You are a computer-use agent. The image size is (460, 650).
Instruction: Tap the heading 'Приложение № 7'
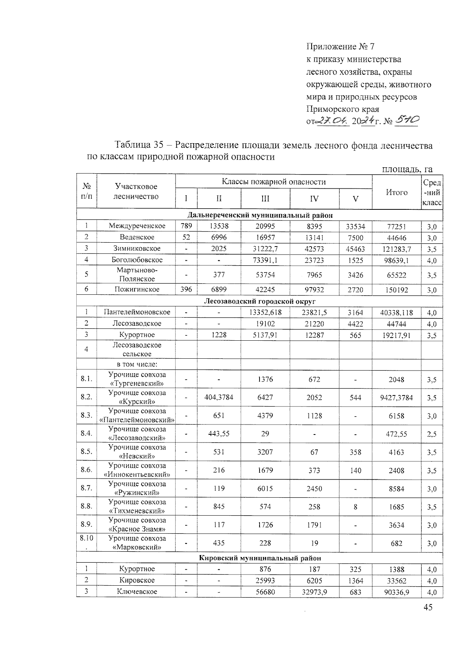pyautogui.click(x=340, y=47)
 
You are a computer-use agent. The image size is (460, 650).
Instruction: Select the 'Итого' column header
pyautogui.click(x=396, y=192)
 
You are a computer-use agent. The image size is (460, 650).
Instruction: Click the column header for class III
pyautogui.click(x=265, y=199)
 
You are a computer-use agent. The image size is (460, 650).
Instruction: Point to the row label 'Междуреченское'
pyautogui.click(x=137, y=226)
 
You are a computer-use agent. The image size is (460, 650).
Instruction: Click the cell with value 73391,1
pyautogui.click(x=265, y=260)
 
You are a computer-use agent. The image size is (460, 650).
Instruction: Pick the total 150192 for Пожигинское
pyautogui.click(x=396, y=290)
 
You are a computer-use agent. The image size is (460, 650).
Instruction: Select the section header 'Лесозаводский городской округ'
pyautogui.click(x=260, y=301)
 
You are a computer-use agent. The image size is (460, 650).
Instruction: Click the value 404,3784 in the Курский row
pyautogui.click(x=219, y=397)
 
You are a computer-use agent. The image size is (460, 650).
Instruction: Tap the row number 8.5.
pyautogui.click(x=87, y=452)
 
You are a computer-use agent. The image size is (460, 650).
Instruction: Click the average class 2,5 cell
pyautogui.click(x=432, y=434)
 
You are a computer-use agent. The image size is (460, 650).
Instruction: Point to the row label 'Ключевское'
pyautogui.click(x=137, y=591)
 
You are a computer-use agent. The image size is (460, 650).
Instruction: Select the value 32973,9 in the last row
pyautogui.click(x=314, y=591)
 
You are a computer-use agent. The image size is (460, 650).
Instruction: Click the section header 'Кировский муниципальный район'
pyautogui.click(x=260, y=558)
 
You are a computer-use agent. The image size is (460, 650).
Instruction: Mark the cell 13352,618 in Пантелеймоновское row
pyautogui.click(x=265, y=312)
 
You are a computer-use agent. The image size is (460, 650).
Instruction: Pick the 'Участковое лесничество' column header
pyautogui.click(x=136, y=191)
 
